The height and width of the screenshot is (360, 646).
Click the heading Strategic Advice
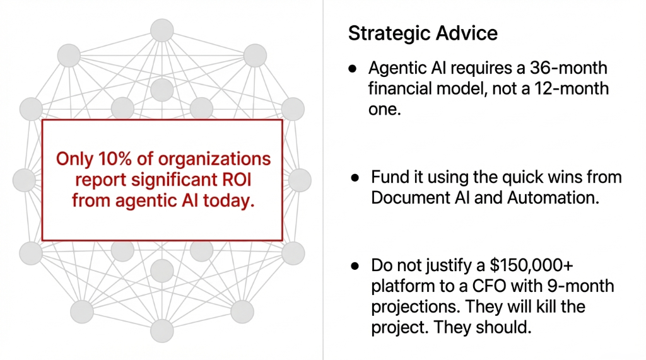click(423, 33)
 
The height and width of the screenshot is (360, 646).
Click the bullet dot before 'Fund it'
click(355, 177)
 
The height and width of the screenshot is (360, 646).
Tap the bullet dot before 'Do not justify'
click(355, 265)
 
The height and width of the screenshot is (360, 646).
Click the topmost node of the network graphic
click(161, 30)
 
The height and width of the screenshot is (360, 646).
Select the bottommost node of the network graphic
click(161, 330)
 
